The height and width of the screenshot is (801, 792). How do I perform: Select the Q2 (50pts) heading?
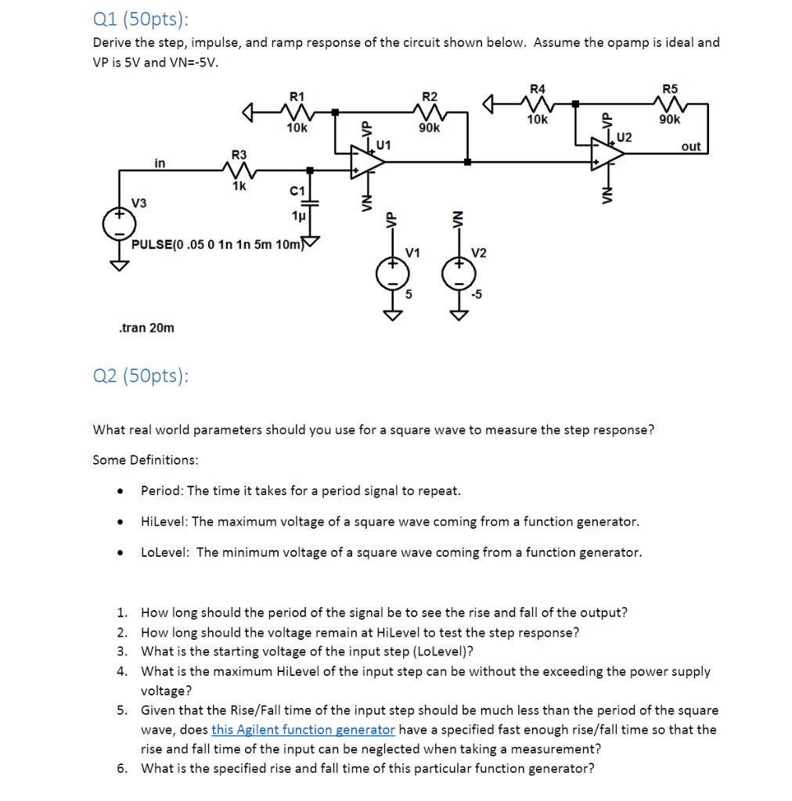pyautogui.click(x=141, y=376)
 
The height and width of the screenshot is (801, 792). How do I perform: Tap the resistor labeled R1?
pyautogui.click(x=297, y=111)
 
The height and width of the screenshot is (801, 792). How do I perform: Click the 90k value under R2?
pyautogui.click(x=430, y=128)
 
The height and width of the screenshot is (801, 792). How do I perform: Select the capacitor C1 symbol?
pyautogui.click(x=311, y=202)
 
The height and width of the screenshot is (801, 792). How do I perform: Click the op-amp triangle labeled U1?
pyautogui.click(x=367, y=161)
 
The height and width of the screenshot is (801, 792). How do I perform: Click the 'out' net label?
pyautogui.click(x=691, y=147)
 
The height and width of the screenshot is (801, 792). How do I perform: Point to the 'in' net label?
pyautogui.click(x=160, y=163)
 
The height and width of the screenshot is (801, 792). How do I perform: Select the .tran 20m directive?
pyautogui.click(x=146, y=328)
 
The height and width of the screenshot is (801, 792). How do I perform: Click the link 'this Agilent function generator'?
pyautogui.click(x=303, y=730)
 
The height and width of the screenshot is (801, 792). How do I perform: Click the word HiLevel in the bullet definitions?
pyautogui.click(x=164, y=521)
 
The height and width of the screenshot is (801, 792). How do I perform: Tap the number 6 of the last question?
pyautogui.click(x=121, y=768)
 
